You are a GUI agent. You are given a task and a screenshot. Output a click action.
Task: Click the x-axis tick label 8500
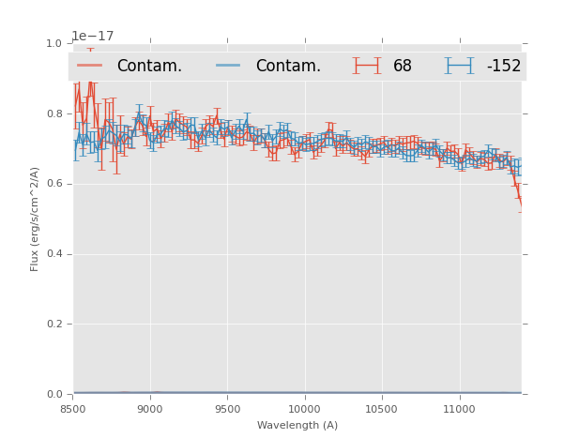[x=73, y=410]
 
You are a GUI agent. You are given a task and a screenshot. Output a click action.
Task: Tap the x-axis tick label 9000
[x=150, y=410]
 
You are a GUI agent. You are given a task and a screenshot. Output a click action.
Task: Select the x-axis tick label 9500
[x=227, y=410]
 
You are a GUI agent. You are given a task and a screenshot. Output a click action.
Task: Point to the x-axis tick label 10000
[x=304, y=410]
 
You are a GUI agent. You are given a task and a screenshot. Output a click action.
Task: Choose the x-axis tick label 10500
[x=381, y=410]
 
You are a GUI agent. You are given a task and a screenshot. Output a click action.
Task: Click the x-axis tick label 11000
[x=458, y=410]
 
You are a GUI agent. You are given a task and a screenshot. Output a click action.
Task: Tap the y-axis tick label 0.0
[x=55, y=395]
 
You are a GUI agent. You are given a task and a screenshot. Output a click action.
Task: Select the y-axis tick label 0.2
[x=55, y=325]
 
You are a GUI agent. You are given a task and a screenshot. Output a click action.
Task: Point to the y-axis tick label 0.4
[x=55, y=254]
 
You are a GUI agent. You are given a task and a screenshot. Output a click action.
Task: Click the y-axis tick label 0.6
[x=55, y=184]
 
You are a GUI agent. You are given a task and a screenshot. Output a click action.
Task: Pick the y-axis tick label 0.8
[x=55, y=114]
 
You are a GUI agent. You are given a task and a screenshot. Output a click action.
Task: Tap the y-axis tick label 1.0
[x=55, y=44]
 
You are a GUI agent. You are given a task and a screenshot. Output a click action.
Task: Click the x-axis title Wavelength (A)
[x=297, y=426]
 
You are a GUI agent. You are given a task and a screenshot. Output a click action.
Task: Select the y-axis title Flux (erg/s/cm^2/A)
[x=35, y=219]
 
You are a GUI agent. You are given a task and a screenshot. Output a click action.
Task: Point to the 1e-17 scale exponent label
[x=93, y=37]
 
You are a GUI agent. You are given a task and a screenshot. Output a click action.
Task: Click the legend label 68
[x=403, y=67]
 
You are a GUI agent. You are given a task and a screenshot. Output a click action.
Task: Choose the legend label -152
[x=503, y=67]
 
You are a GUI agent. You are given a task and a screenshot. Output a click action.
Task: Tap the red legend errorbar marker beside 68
[x=367, y=66]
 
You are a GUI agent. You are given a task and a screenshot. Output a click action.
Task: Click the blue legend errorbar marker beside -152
[x=459, y=66]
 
